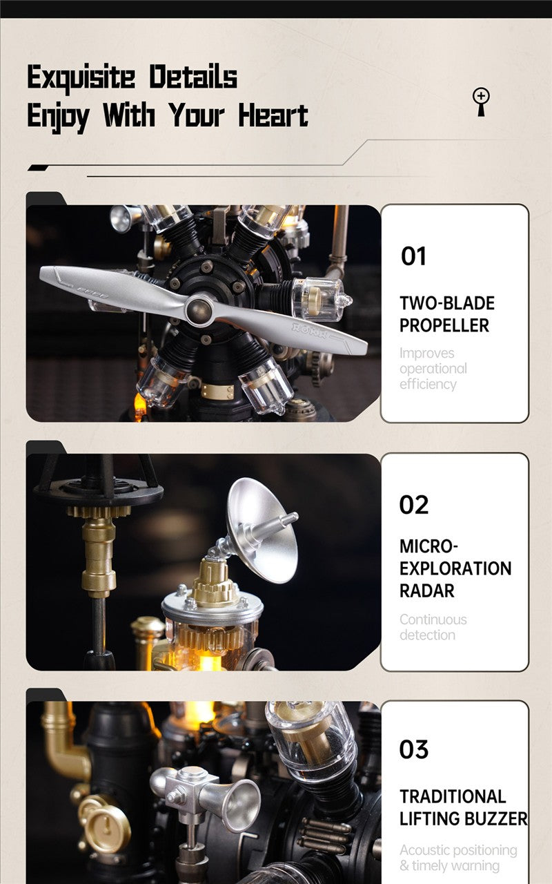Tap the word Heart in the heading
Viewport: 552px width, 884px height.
tap(273, 115)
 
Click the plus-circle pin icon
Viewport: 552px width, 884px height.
tap(481, 102)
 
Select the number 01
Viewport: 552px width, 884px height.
tap(413, 256)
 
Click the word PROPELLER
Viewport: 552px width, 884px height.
tap(444, 325)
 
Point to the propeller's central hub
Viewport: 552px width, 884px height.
tap(199, 309)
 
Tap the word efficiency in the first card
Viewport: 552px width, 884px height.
tap(428, 384)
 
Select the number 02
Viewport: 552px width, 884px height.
tap(413, 505)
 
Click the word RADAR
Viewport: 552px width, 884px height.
tap(426, 590)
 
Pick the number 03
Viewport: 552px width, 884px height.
tap(413, 749)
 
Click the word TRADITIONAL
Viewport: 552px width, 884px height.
tap(453, 796)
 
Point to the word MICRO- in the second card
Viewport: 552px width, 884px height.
tap(428, 546)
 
